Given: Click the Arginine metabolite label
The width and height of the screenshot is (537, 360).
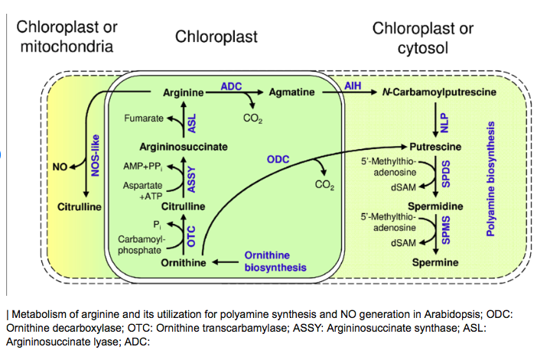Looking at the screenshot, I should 183,92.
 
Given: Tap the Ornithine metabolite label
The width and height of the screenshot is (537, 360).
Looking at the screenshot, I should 184,262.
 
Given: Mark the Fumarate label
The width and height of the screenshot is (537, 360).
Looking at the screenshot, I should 144,119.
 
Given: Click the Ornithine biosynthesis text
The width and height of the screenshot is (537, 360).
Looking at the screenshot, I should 275,261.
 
